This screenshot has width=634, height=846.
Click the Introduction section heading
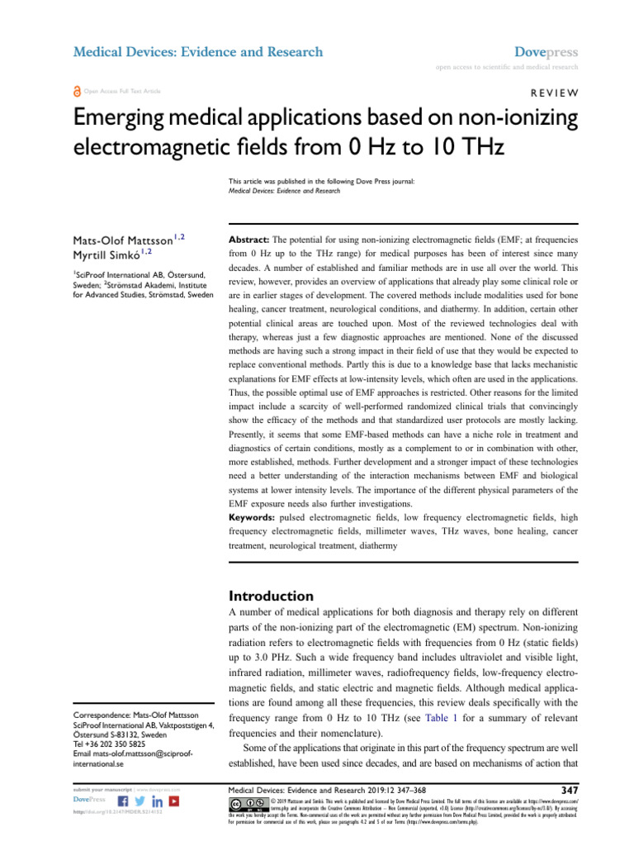click(270, 596)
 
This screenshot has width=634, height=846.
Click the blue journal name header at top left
click(198, 52)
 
